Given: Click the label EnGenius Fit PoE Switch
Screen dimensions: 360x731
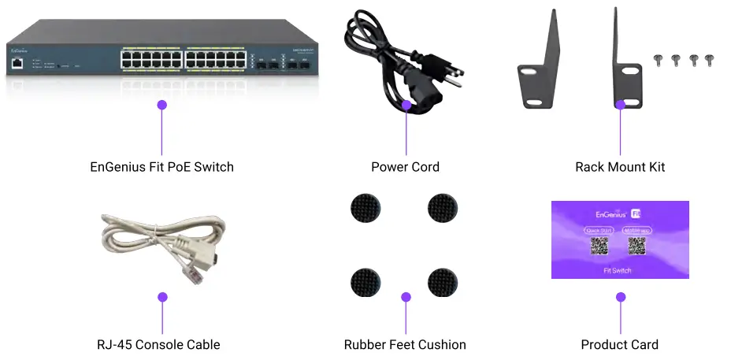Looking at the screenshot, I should click(161, 167).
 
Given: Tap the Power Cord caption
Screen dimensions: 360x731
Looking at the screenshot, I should click(405, 167).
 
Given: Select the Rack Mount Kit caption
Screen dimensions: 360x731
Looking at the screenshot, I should click(620, 167).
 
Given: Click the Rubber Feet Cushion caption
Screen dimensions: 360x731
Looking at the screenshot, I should click(405, 344).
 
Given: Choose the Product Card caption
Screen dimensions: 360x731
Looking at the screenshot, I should click(619, 344).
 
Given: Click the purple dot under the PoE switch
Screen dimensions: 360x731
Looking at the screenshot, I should click(161, 104).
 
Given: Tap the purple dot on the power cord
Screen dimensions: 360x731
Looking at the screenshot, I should click(406, 104).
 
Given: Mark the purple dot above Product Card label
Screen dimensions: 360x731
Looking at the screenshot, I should click(621, 298).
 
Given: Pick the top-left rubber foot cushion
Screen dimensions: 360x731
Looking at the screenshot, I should click(364, 207).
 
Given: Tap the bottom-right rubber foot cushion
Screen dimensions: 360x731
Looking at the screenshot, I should click(443, 281).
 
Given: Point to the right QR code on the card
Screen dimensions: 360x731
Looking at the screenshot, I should click(636, 247).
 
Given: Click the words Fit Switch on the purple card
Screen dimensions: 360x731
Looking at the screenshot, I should click(617, 270).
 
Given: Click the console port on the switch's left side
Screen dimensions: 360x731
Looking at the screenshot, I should click(17, 65).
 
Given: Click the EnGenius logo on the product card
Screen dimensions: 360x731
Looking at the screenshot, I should click(610, 213).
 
